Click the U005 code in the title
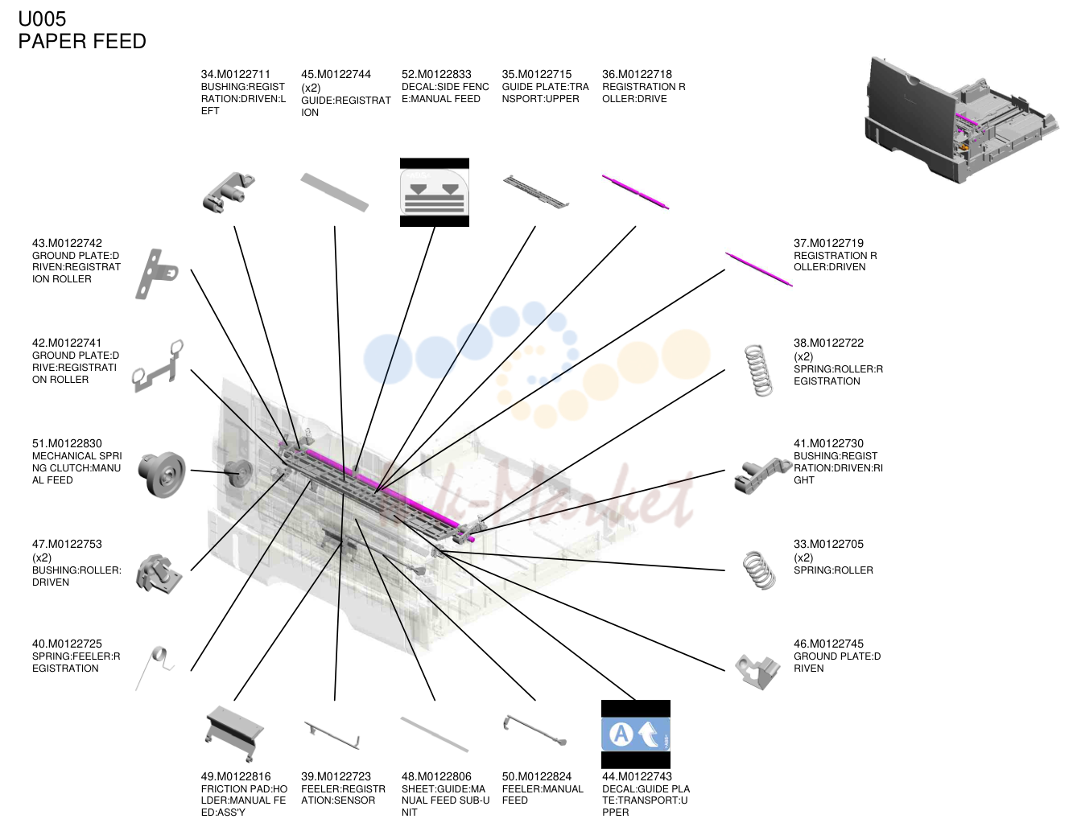tap(42, 19)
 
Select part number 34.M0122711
tap(235, 74)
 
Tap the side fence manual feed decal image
tap(434, 192)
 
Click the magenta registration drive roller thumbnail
tap(635, 191)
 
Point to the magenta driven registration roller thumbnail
tap(759, 269)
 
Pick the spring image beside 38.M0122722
tap(759, 370)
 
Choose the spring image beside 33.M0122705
tap(759, 570)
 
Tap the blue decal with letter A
tap(635, 734)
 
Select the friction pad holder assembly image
tap(234, 734)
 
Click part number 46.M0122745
tap(828, 644)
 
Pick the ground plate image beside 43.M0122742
tap(156, 274)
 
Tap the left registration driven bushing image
tap(229, 192)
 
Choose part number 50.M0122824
tap(537, 776)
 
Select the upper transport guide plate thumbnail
tap(536, 191)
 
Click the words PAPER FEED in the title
tap(82, 41)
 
